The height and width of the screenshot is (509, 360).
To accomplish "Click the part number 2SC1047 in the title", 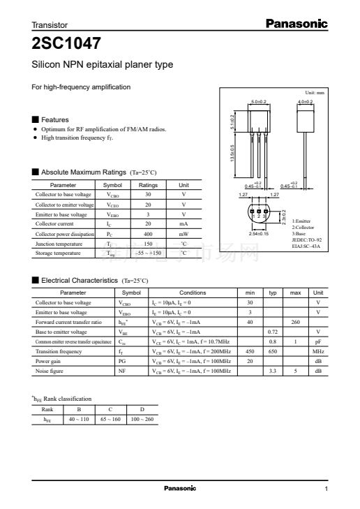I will (66, 43).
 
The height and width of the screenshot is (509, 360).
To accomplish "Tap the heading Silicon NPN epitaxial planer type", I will (103, 65).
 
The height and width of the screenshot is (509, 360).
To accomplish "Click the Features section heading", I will (55, 119).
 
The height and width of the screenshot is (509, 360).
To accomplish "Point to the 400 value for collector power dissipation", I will (148, 234).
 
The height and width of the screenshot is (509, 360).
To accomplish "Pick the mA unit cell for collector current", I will (183, 224).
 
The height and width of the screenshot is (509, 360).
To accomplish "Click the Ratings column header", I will (148, 184).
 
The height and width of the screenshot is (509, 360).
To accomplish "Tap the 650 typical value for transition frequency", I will (273, 351).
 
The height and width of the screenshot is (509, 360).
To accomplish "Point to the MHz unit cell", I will (317, 351).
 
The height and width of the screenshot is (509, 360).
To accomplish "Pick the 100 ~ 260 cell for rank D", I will (142, 419).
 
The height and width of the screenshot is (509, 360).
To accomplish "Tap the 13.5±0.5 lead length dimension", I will (233, 154).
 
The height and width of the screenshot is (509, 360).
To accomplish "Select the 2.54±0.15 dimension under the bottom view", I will (259, 233).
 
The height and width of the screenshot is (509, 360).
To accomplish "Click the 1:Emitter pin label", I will (302, 221).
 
